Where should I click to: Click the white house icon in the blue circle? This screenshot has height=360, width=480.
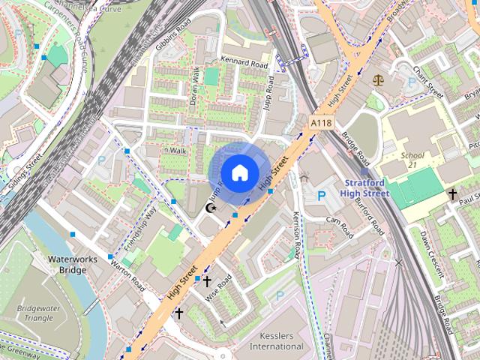tap(238, 172)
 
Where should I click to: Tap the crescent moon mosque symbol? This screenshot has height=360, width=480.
tap(211, 207)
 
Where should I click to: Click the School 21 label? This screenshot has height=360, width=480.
tap(412, 160)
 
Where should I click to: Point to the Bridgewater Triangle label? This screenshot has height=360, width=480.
tap(36, 313)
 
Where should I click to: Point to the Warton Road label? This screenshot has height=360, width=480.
tap(127, 276)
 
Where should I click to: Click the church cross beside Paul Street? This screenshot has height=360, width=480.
tap(452, 195)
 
